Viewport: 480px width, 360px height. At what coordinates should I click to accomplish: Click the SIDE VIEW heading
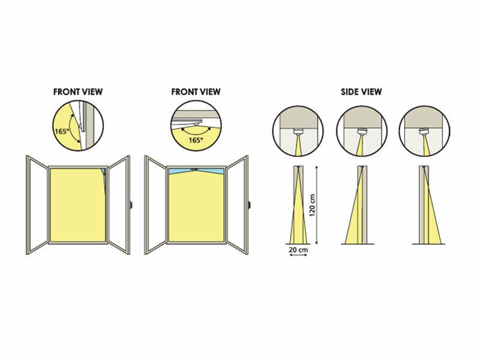pos(361,92)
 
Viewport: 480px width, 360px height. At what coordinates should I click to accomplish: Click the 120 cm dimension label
pos(312,205)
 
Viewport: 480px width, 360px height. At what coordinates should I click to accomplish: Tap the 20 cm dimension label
pos(298,250)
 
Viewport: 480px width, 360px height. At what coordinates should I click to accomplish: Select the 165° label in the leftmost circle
pos(61,131)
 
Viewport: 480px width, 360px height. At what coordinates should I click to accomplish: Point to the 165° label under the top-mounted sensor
pos(196,140)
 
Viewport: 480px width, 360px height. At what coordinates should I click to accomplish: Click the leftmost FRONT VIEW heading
pos(78,92)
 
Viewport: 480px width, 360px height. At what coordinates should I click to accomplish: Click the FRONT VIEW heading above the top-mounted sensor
pos(196,92)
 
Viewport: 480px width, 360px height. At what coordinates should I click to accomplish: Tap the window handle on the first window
pos(131,205)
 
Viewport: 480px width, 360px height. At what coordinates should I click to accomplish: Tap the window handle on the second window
pos(249,205)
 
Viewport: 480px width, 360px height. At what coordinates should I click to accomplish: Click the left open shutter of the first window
pos(37,205)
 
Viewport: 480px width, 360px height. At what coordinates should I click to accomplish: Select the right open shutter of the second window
pos(237,205)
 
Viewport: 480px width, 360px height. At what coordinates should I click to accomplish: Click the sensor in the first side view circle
pos(298,132)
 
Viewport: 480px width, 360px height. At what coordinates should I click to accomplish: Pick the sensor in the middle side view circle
pos(362,132)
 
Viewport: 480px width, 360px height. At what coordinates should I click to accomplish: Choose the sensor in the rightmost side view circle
pos(424,132)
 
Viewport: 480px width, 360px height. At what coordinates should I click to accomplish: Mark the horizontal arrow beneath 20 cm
pos(298,254)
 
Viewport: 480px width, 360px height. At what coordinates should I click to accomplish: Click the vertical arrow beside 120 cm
pos(317,205)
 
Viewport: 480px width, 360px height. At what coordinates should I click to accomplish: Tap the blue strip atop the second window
pos(196,171)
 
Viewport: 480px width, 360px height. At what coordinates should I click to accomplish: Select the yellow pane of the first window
pos(77,205)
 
